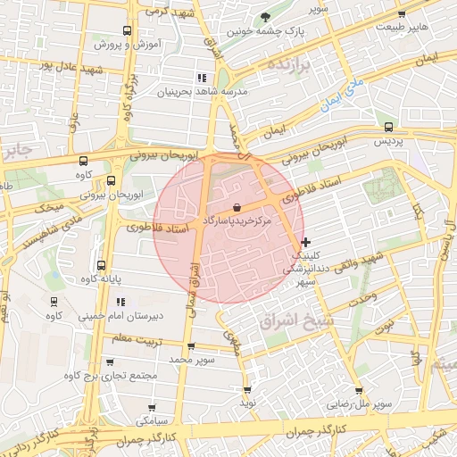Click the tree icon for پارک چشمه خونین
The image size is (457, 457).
[264, 17]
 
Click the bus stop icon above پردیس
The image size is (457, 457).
[387, 128]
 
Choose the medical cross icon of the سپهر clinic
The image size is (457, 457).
[306, 242]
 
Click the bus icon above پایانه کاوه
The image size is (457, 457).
[101, 265]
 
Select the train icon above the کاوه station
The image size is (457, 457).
[54, 301]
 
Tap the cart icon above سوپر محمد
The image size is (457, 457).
[191, 345]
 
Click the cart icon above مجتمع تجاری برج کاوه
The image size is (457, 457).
[110, 362]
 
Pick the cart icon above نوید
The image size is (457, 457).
[247, 389]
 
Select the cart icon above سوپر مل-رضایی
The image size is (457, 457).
[359, 391]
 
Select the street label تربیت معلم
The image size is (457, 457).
[134, 338]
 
